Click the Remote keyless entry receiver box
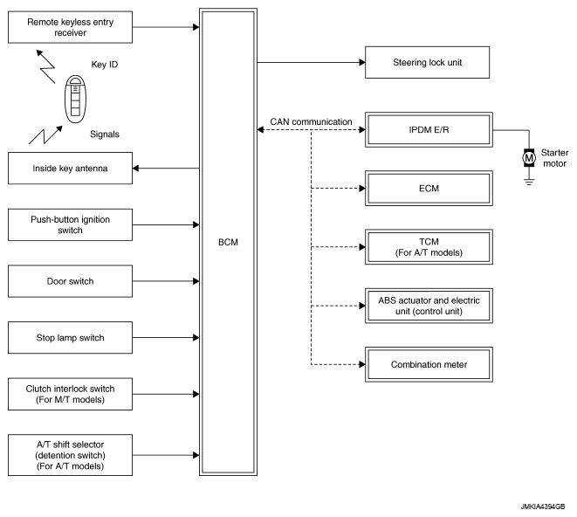[70, 26]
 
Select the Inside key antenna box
[70, 169]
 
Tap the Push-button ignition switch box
[70, 224]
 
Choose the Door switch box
[70, 281]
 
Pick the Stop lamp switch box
[70, 337]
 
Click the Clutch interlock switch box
[70, 393]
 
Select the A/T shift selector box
[70, 454]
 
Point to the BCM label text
[228, 243]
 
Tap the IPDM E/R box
[428, 130]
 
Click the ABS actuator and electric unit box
[428, 306]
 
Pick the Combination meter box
[428, 364]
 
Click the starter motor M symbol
[527, 157]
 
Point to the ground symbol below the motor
[527, 182]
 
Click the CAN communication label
[310, 122]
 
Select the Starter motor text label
[554, 157]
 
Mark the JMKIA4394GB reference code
[541, 506]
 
